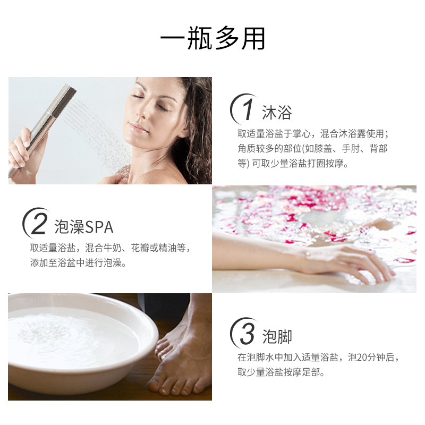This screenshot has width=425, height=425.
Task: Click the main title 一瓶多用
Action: pos(212,38)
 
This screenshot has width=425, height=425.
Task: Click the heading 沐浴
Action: pos(277,112)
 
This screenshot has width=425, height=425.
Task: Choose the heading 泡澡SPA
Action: pos(84,227)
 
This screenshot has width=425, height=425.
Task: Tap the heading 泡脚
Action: pos(277,336)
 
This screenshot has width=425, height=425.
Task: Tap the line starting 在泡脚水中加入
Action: pos(318,357)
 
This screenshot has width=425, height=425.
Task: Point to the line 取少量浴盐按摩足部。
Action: pos(281,372)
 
